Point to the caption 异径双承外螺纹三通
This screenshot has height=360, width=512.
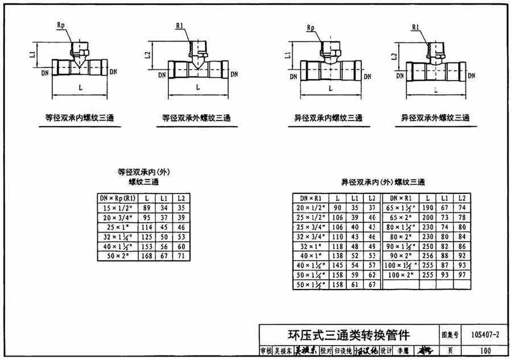click(435, 118)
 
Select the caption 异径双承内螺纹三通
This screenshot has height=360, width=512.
click(328, 118)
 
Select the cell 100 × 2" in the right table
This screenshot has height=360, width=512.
click(402, 275)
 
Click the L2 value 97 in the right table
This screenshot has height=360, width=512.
click(462, 275)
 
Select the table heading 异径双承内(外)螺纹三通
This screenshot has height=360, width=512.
click(383, 183)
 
